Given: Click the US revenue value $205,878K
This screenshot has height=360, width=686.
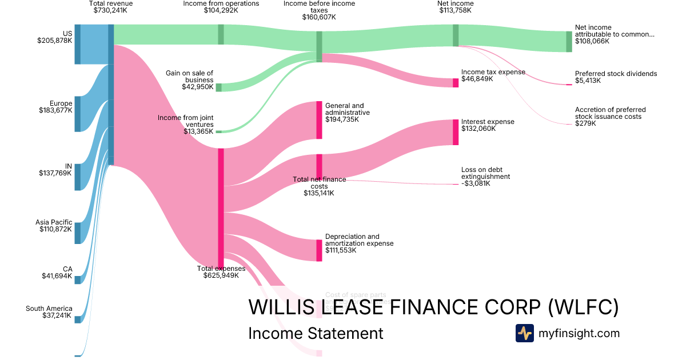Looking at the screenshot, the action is tap(55, 41).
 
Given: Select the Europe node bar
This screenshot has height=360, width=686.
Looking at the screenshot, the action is tap(77, 114).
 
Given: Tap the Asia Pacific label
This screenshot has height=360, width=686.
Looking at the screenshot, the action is tap(54, 222).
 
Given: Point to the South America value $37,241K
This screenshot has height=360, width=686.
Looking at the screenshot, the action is tap(57, 315).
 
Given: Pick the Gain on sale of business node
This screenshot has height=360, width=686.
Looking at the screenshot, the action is tap(218, 87).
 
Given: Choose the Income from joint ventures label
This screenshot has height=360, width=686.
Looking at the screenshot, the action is tap(185, 121).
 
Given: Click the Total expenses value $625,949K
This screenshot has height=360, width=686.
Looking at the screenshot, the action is tap(221, 275).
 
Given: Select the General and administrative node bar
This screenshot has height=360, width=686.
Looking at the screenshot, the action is tap(319, 120).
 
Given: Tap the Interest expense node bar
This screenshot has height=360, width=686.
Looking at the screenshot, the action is tap(456, 132).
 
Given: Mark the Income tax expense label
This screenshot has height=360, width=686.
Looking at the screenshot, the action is tap(493, 72).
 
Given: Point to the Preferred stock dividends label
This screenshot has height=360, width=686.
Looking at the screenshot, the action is tap(616, 74).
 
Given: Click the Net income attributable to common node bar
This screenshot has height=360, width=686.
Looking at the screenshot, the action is tap(569, 42).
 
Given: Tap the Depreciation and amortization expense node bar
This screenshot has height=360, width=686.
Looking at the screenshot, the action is tap(319, 250).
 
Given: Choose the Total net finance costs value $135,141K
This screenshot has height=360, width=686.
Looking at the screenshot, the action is tap(319, 193).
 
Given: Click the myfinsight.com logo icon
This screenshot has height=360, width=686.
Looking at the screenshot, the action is tap(524, 333).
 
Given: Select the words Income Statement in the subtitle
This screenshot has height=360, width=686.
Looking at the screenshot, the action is tap(316, 333).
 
